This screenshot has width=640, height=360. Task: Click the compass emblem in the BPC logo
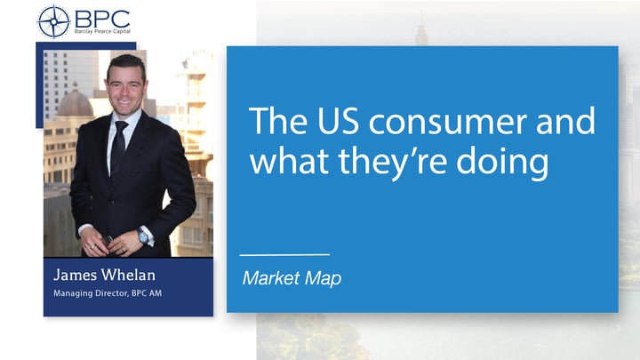pos(53,21)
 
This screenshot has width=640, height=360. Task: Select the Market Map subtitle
pos(292,278)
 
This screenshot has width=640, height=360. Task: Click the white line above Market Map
pos(284,255)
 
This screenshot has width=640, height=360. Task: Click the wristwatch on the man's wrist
pos(143,236)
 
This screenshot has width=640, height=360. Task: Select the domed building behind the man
pos(76,102)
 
